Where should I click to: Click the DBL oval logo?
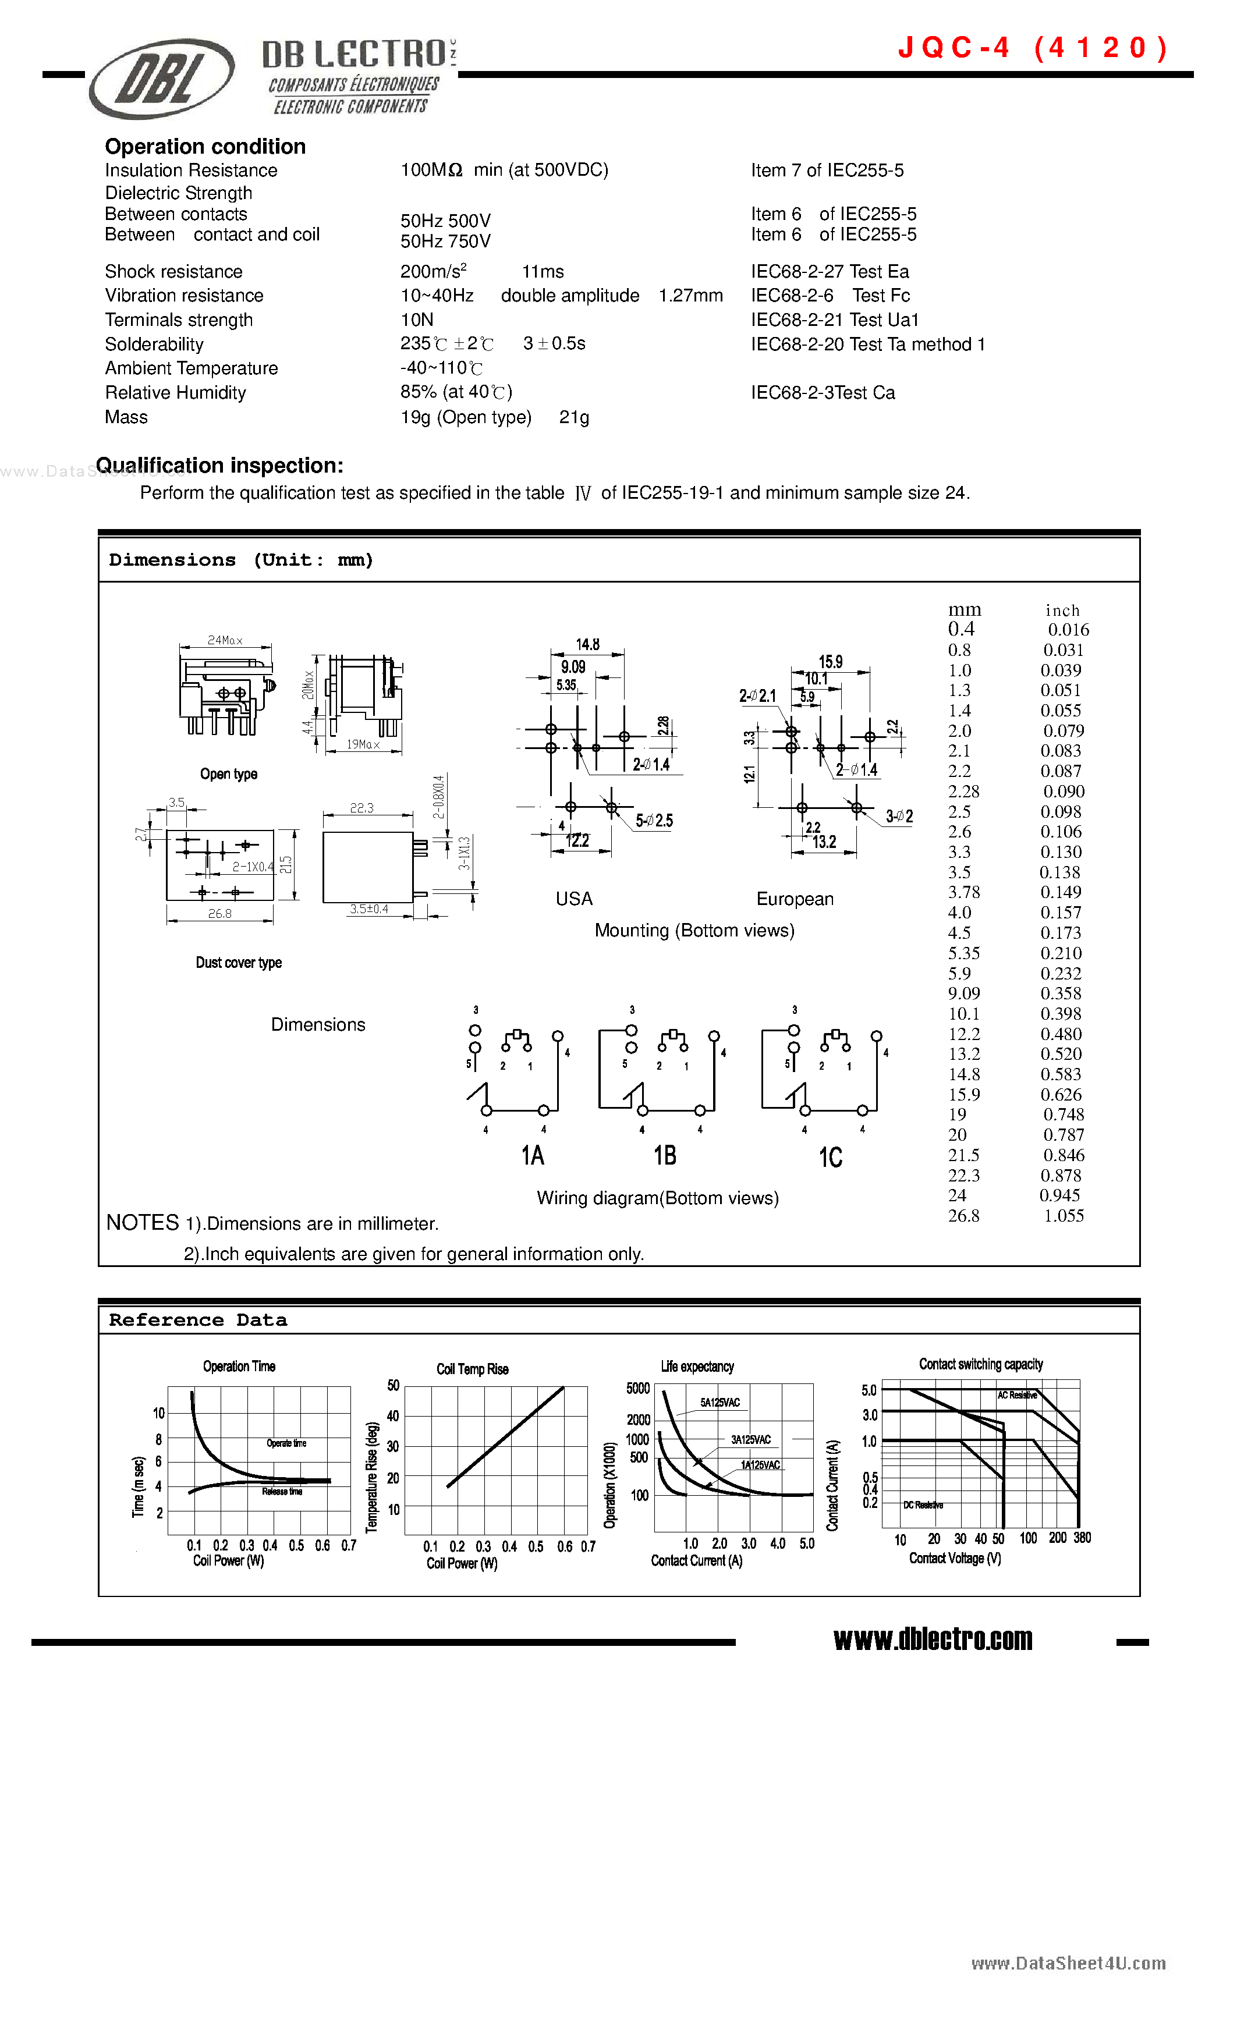tap(162, 79)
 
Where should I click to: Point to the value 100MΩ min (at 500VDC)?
tap(504, 171)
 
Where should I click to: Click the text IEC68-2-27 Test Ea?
tap(830, 272)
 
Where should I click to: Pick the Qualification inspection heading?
tap(219, 466)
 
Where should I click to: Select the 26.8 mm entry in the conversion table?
tap(963, 1215)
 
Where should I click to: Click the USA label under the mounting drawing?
tap(574, 899)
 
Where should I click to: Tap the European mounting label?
tap(795, 899)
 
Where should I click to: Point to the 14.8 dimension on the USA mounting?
tap(587, 644)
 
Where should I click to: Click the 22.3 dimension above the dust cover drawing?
tap(361, 808)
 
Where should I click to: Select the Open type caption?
tap(228, 774)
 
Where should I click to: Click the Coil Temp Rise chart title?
tap(472, 1369)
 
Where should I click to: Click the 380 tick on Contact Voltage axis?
tap(1082, 1538)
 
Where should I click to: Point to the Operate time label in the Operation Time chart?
tap(286, 1443)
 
